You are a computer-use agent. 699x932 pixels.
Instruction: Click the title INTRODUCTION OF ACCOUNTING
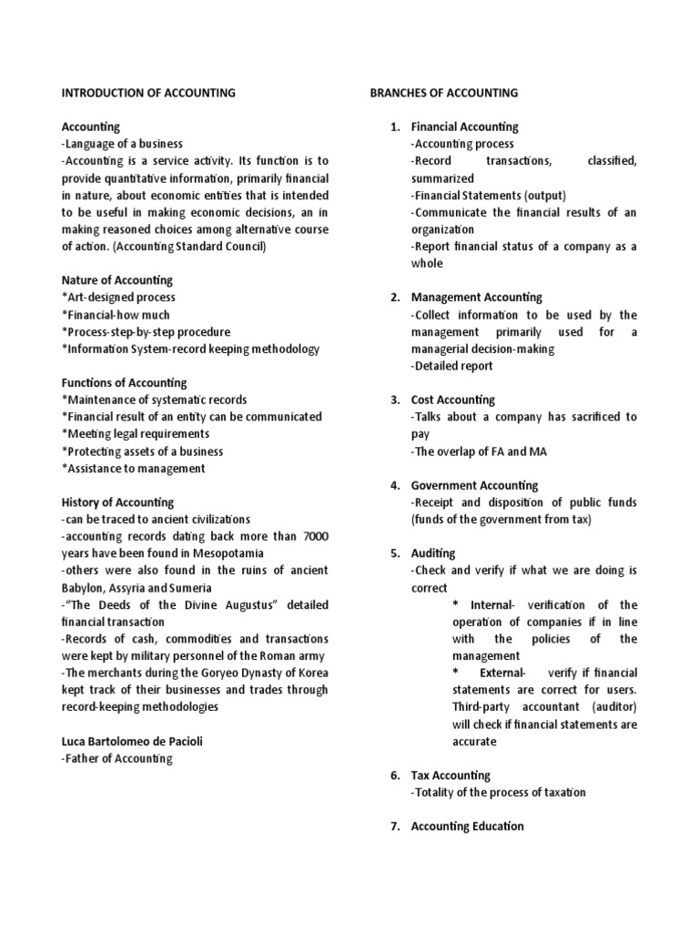148,93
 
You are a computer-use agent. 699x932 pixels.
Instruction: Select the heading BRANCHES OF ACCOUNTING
443,93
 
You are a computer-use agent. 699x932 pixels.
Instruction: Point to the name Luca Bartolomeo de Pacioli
132,741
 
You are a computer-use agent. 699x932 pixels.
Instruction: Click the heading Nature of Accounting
116,280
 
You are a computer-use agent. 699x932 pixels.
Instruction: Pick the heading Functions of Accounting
124,383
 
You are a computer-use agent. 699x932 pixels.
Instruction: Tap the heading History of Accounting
117,502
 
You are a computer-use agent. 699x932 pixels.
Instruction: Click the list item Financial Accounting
464,127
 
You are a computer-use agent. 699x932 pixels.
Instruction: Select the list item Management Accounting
476,298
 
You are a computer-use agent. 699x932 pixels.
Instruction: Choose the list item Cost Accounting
453,400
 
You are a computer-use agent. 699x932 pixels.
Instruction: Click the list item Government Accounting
474,485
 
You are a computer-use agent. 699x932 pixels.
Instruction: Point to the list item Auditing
433,553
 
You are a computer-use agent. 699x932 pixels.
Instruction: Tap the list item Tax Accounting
451,775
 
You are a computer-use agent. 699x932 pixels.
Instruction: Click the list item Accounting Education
467,826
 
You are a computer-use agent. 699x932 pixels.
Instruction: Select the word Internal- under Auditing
497,605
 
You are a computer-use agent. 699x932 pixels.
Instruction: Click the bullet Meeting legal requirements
136,434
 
